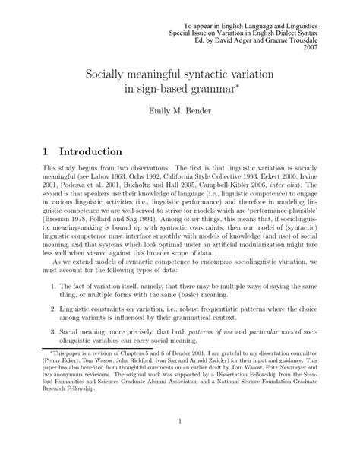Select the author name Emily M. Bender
pyautogui.click(x=179, y=113)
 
